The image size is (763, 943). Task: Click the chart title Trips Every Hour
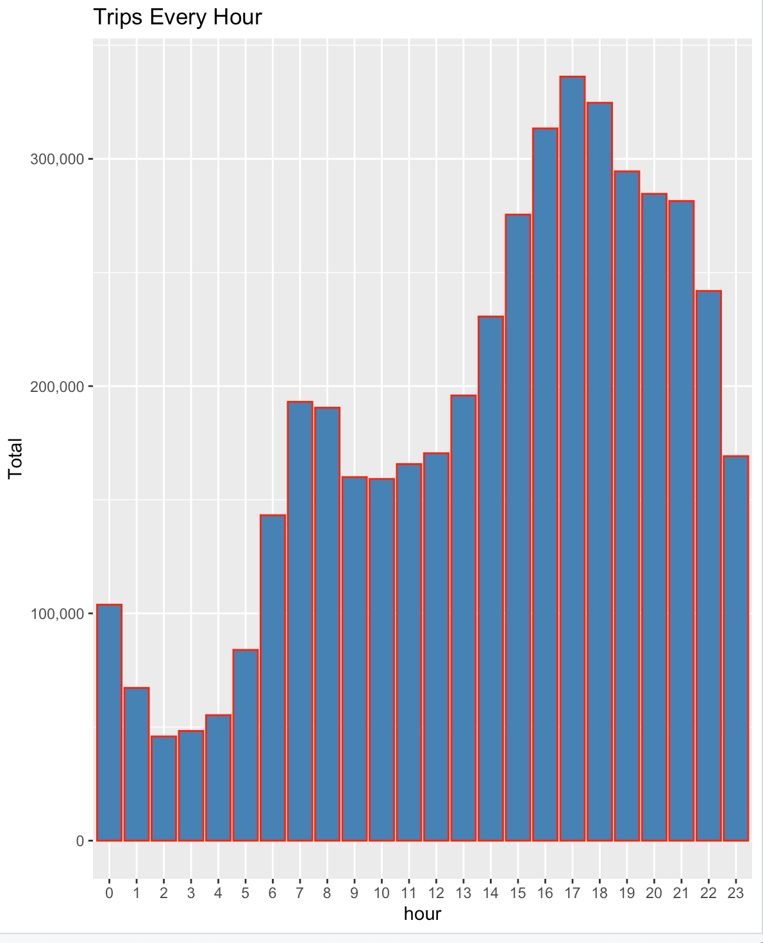click(x=178, y=17)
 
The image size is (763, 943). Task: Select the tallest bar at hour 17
click(x=573, y=459)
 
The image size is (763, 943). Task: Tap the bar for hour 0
click(x=109, y=722)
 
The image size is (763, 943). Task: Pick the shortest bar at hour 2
click(x=163, y=788)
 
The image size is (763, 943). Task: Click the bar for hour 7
click(x=300, y=621)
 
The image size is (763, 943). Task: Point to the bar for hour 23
click(x=736, y=648)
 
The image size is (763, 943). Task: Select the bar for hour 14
click(x=491, y=578)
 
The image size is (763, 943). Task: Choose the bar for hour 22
click(x=709, y=565)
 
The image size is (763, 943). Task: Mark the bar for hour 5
click(x=246, y=745)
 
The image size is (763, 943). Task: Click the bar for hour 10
click(x=382, y=659)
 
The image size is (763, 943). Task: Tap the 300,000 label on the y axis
click(x=58, y=159)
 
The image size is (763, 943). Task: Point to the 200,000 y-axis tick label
click(x=58, y=387)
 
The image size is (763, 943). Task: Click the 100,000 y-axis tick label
click(x=58, y=614)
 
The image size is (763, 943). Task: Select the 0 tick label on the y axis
click(x=80, y=841)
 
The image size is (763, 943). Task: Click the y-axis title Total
click(x=15, y=458)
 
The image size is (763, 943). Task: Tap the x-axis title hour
click(x=423, y=913)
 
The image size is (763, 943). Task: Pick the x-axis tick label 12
click(x=436, y=893)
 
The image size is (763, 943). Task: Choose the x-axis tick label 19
click(x=627, y=893)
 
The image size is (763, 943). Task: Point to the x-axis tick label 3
click(x=191, y=893)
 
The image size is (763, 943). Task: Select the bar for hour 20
click(x=654, y=517)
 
